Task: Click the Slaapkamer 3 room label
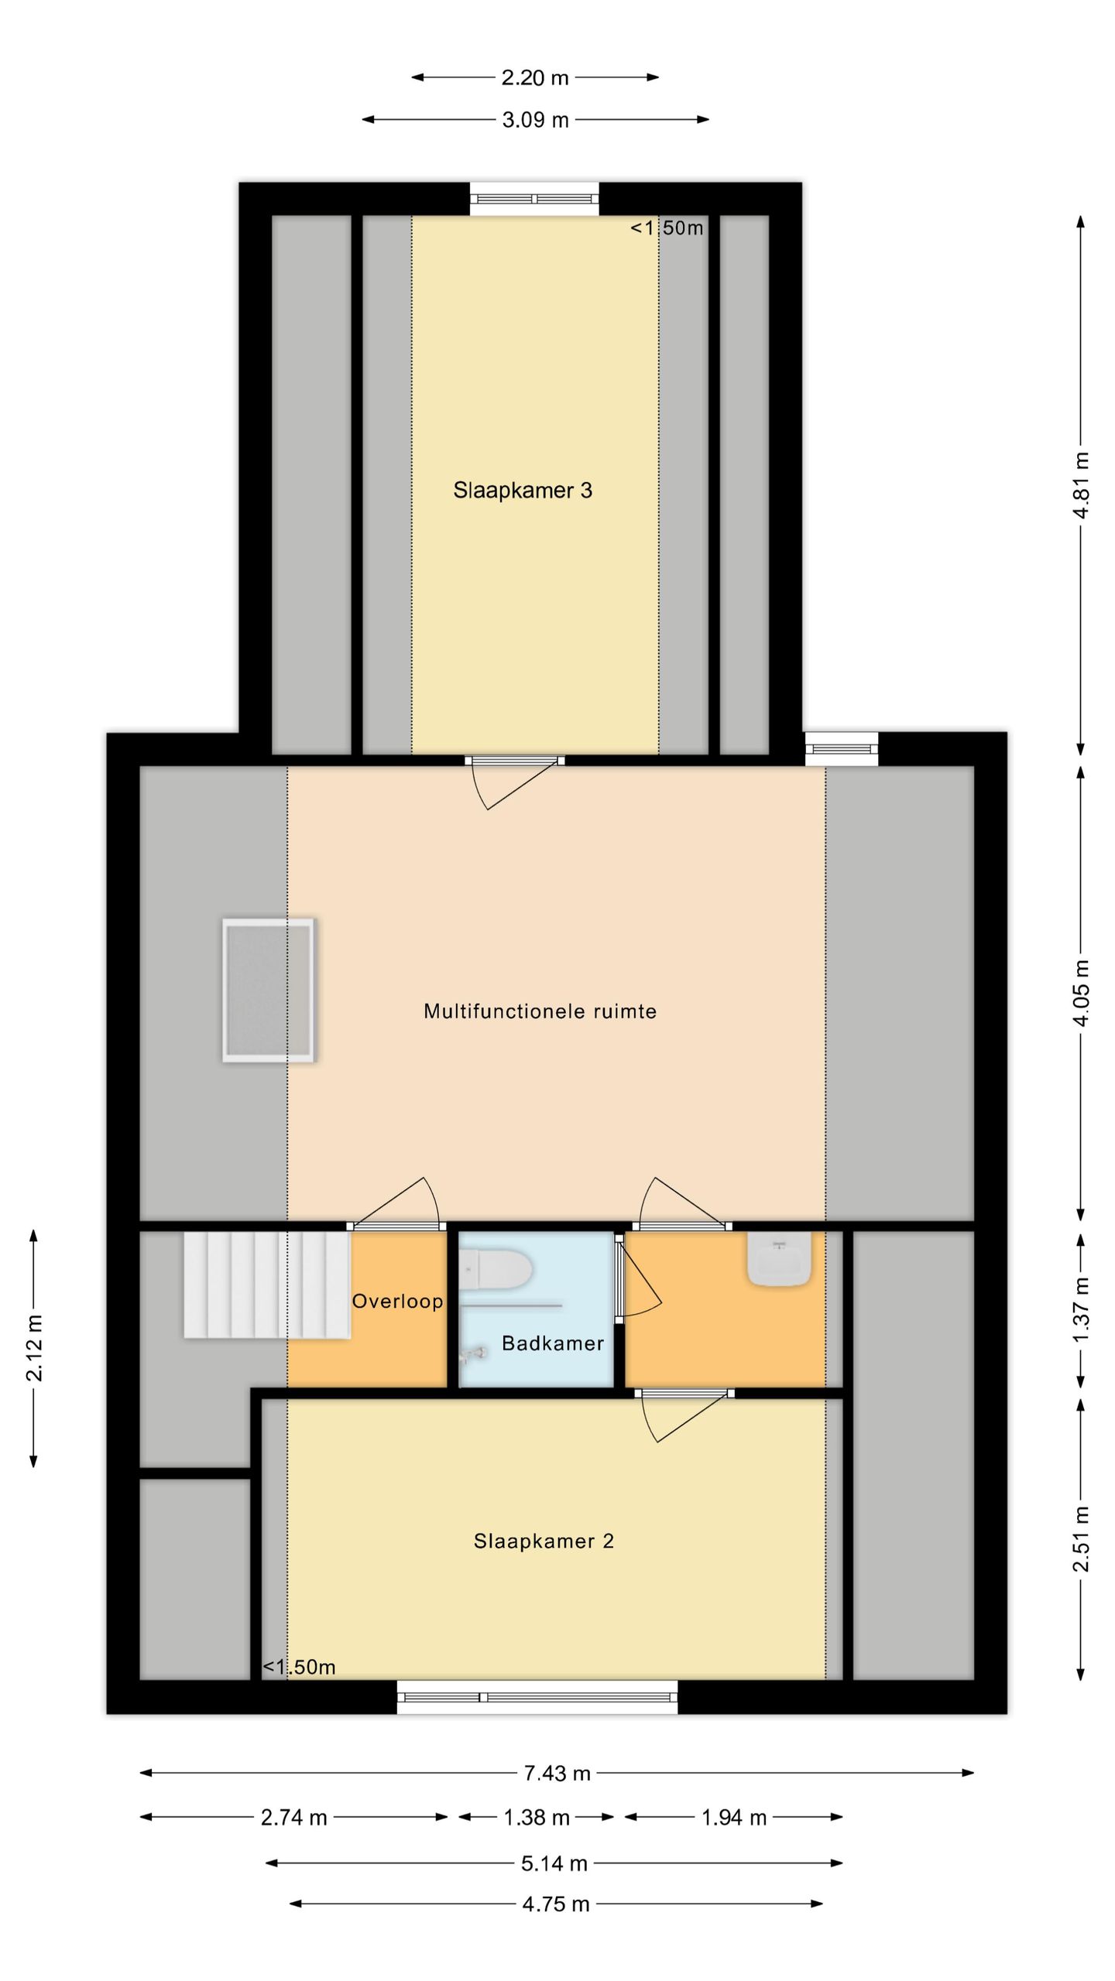(x=523, y=490)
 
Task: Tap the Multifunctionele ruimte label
(x=540, y=1011)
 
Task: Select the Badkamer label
(x=553, y=1343)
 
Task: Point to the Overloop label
(x=398, y=1302)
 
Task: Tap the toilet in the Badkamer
(x=496, y=1271)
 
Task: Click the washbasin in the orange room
(x=780, y=1259)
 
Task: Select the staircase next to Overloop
(x=267, y=1285)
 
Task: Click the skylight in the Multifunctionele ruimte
(x=269, y=990)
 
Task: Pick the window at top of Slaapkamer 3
(x=534, y=199)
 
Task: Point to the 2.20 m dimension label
(x=535, y=77)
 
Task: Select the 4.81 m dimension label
(x=1082, y=485)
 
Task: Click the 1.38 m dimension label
(x=537, y=1818)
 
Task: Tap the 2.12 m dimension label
(x=34, y=1348)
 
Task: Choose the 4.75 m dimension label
(x=556, y=1904)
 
